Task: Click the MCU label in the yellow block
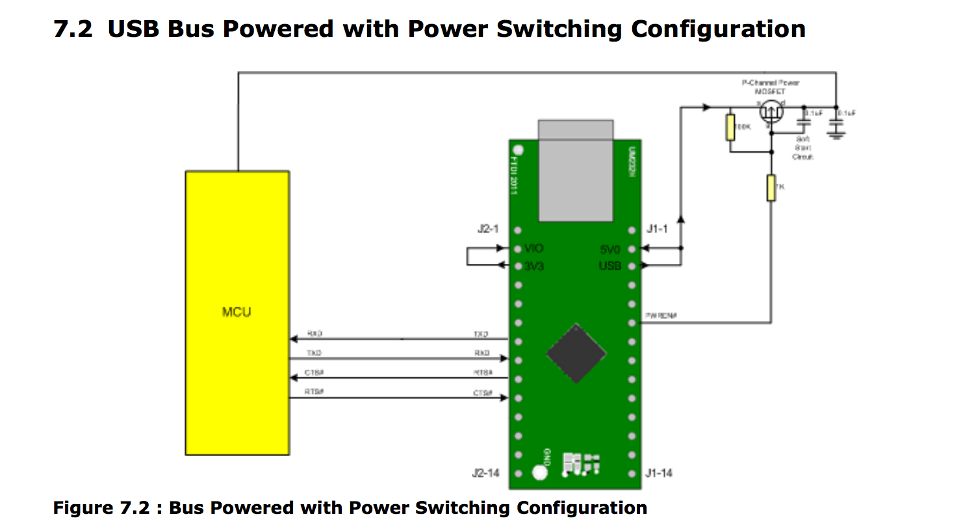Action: coord(237,313)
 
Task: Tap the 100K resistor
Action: coord(730,128)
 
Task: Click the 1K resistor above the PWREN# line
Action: coord(771,188)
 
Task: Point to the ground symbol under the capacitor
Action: coord(836,134)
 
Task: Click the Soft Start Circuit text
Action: coord(803,148)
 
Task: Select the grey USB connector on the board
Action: coord(575,171)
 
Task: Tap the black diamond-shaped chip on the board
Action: coord(576,354)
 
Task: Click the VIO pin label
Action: coord(533,249)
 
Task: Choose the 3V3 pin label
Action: coord(533,266)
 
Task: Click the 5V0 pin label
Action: coord(610,249)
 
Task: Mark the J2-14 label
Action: coord(486,473)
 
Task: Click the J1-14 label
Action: coord(659,473)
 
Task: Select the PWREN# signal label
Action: coord(661,316)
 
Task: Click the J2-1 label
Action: coord(489,229)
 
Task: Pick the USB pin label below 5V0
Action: coord(610,266)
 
